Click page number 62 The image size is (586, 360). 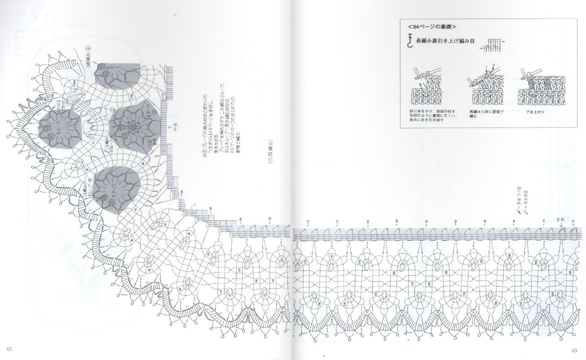tap(9, 349)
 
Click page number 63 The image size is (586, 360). tap(576, 349)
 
